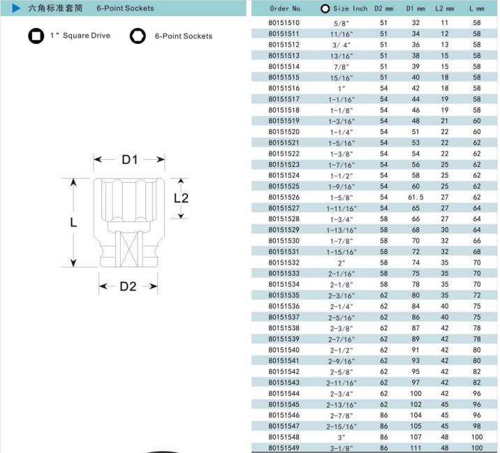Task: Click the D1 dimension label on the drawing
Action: (130, 161)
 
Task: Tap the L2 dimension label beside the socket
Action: (181, 198)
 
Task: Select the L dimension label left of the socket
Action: (73, 223)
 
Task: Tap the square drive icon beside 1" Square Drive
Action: (34, 35)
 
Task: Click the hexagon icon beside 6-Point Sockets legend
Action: (137, 36)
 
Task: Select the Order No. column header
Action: (286, 9)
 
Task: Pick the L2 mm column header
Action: (444, 9)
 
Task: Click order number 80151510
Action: (284, 23)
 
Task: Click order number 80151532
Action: (284, 262)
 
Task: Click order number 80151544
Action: (284, 394)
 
